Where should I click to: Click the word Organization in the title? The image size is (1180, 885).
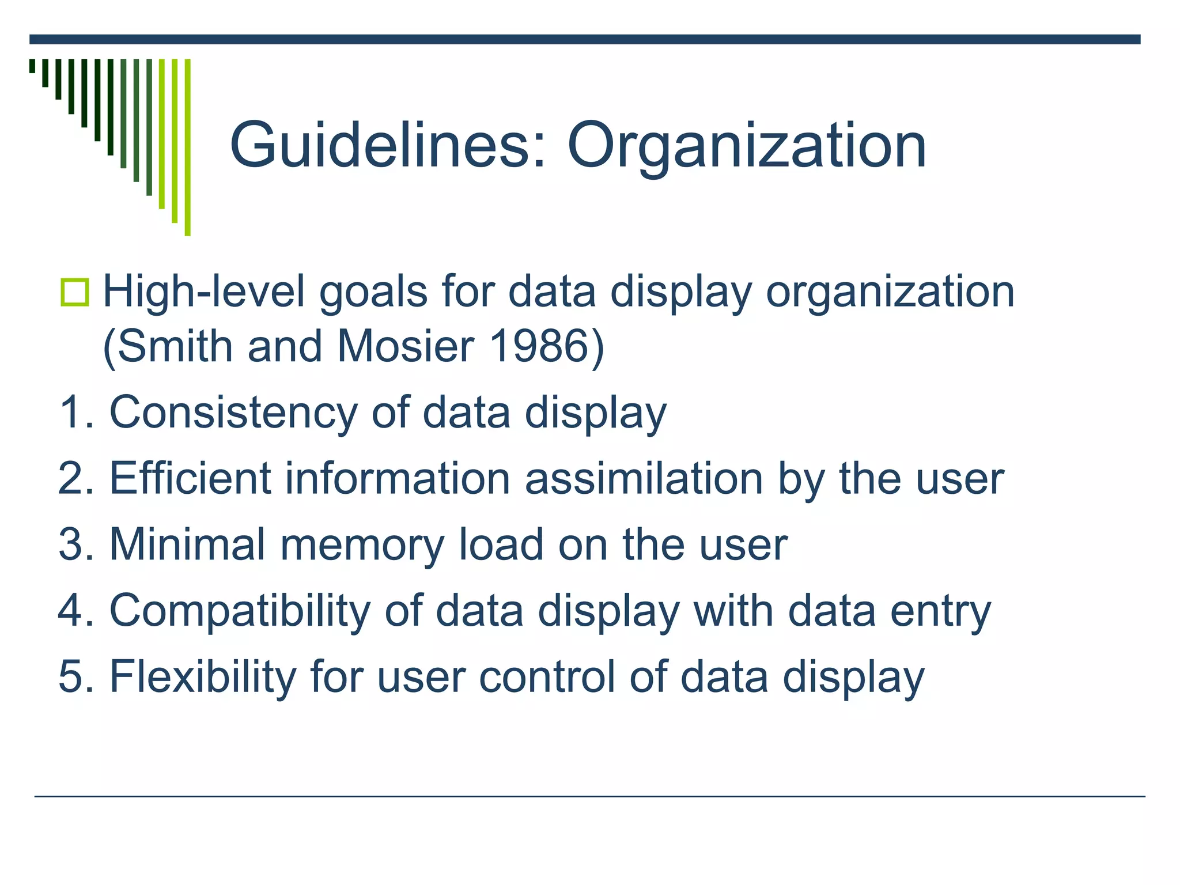point(747,147)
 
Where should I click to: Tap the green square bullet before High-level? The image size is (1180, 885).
point(75,292)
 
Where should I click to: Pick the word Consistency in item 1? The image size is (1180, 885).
point(233,413)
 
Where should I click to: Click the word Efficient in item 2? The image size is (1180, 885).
point(190,479)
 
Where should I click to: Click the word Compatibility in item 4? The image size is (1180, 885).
point(240,611)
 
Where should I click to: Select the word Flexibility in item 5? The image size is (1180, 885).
point(202,677)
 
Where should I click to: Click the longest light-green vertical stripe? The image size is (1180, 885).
point(187,147)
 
